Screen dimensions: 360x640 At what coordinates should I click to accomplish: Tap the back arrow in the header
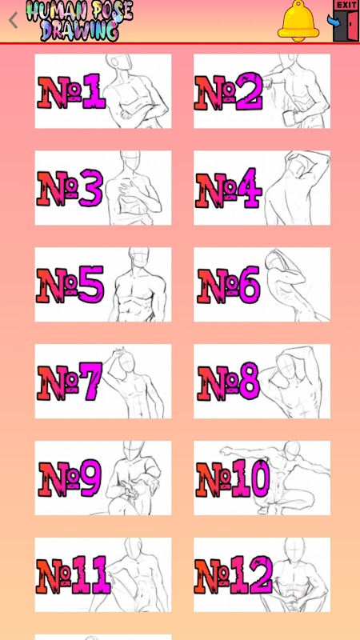[x=13, y=20]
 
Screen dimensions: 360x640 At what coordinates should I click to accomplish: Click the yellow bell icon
[x=298, y=21]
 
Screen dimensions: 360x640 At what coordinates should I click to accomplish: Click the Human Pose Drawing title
[x=79, y=21]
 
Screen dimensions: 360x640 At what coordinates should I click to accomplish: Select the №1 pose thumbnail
[x=103, y=91]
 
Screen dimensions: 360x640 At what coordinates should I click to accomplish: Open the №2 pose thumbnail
[x=262, y=91]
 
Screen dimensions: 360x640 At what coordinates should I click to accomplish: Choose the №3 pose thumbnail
[x=103, y=188]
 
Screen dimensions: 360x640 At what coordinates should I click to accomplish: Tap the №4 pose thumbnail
[x=262, y=188]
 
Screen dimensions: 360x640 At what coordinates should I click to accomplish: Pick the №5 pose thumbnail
[x=103, y=285]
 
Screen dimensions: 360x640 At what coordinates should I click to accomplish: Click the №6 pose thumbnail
[x=262, y=285]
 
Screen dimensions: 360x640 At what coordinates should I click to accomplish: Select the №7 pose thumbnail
[x=103, y=382]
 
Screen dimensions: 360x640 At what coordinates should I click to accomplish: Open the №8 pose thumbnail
[x=262, y=382]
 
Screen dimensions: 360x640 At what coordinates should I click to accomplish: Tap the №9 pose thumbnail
[x=103, y=478]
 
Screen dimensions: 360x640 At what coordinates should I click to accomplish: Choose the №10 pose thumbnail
[x=262, y=478]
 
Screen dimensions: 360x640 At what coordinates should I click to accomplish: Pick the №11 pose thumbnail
[x=103, y=574]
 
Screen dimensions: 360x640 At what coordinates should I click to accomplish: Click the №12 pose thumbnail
[x=262, y=574]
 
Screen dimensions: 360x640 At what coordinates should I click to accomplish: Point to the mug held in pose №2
[x=289, y=118]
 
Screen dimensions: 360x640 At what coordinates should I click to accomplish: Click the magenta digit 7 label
[x=91, y=382]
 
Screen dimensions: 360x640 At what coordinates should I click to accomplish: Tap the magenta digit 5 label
[x=90, y=285]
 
